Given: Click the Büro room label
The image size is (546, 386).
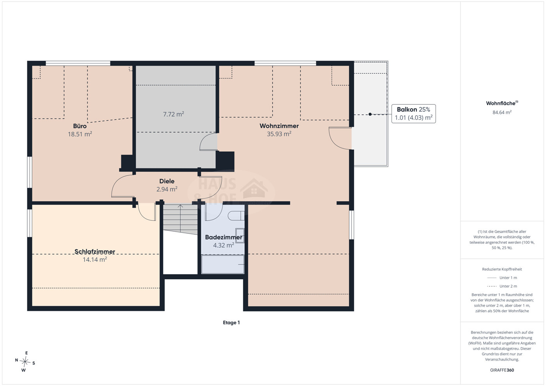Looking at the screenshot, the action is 80,126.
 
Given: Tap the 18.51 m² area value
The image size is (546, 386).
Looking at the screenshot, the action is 80,134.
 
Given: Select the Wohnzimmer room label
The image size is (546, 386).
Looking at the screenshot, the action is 279,126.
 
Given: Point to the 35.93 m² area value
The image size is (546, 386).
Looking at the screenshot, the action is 279,134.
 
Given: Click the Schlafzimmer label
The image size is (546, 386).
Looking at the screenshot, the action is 95,251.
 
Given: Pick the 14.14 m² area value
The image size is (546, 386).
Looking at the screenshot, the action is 95,259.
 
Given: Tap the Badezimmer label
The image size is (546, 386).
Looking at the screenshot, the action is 224,237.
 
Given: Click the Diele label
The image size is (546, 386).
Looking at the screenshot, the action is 167,181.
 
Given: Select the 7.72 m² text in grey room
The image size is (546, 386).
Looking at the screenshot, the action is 173,114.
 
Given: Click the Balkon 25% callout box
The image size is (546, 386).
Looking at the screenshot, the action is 413,114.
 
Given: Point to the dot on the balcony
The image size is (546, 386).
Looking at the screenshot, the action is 370,114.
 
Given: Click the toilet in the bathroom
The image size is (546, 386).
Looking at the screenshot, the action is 236,216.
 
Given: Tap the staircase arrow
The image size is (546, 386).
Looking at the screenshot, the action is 180,218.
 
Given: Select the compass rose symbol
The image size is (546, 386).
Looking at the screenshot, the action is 25,361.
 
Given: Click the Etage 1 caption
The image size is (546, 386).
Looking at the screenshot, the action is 231,323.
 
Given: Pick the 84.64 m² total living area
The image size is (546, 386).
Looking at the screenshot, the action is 502,112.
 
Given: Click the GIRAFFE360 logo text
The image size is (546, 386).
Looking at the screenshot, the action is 502,370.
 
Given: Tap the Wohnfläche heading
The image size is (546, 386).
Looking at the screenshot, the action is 502,103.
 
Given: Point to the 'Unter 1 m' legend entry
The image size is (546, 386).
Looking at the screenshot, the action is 502,278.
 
